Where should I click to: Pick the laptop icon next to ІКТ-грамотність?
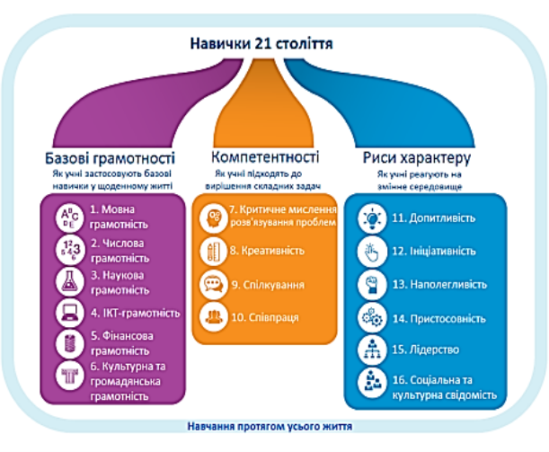[x=68, y=314]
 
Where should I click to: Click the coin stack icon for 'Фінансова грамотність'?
[x=68, y=343]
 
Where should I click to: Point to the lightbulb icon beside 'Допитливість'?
[x=372, y=218]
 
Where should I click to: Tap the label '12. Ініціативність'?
[x=438, y=253]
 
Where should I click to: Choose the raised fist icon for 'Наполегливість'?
[x=372, y=285]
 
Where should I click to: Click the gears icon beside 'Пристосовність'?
[x=372, y=317]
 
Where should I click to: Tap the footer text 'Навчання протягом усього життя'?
[x=268, y=427]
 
